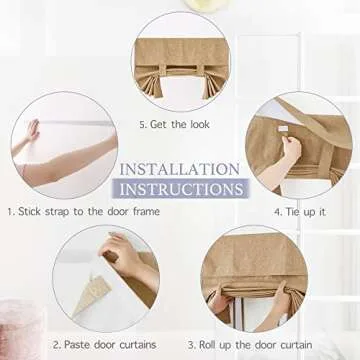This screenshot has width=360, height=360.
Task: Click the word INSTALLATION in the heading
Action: (x=179, y=169)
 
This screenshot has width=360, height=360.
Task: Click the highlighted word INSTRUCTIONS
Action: (x=181, y=189)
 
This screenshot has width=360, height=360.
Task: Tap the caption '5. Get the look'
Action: (x=175, y=125)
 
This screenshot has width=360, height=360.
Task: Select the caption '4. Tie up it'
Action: (x=300, y=212)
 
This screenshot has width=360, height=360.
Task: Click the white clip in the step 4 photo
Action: (x=282, y=129)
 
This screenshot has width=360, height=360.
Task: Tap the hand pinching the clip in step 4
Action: (x=291, y=149)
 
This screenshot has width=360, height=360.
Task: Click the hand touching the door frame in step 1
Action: (x=33, y=130)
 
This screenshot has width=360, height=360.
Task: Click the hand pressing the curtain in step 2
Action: (x=122, y=253)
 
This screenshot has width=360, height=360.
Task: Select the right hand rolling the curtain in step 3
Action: (x=282, y=298)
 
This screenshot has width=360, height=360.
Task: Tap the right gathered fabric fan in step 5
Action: (x=213, y=85)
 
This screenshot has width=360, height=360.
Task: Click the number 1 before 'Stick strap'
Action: (x=10, y=212)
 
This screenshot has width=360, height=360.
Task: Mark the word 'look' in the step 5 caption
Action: (x=200, y=124)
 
